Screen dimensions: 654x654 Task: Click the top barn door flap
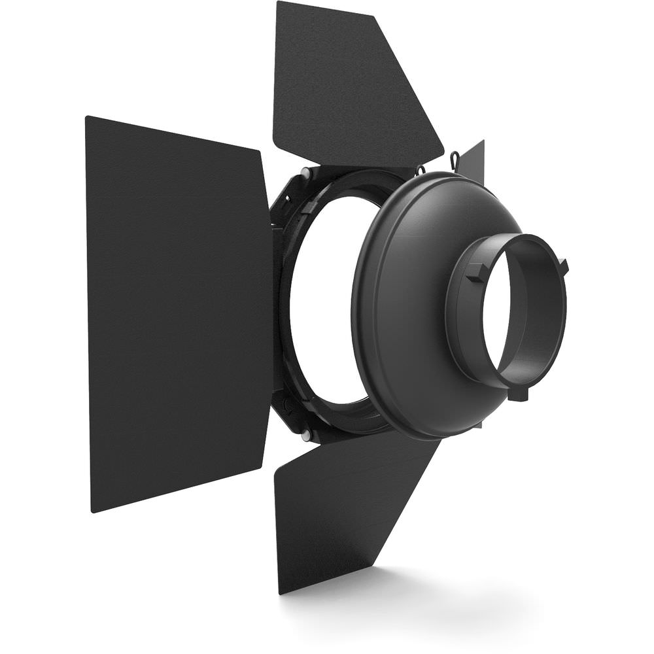click(347, 85)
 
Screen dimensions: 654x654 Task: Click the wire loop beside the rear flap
click(453, 158)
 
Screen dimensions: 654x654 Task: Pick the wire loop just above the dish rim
click(420, 169)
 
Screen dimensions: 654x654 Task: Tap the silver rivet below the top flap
click(304, 173)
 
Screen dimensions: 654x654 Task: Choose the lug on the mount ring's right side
click(562, 264)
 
